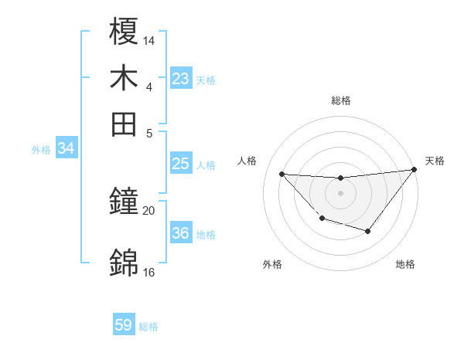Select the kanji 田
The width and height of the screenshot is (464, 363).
click(125, 124)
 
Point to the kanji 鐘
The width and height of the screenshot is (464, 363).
click(125, 203)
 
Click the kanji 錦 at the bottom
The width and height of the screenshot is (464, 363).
click(125, 263)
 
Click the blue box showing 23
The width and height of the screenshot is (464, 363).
click(181, 79)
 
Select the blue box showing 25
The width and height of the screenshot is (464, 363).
click(181, 164)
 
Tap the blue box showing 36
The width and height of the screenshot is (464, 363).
click(181, 233)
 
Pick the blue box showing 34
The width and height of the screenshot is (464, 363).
click(66, 149)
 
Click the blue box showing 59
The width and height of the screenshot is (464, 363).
click(124, 325)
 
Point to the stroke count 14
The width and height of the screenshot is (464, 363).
click(149, 39)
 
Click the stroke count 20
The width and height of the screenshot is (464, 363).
click(149, 211)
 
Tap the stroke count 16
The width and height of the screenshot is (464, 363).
click(149, 272)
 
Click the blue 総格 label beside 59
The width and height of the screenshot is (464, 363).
click(148, 327)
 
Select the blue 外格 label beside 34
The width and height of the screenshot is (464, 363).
click(41, 150)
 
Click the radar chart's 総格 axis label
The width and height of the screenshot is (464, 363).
click(340, 100)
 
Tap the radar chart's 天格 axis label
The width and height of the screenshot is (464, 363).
click(435, 161)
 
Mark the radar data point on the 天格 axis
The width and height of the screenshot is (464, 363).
click(415, 170)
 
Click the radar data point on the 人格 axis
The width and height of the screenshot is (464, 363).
click(281, 174)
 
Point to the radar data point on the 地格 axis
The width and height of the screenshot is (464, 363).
click(368, 231)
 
